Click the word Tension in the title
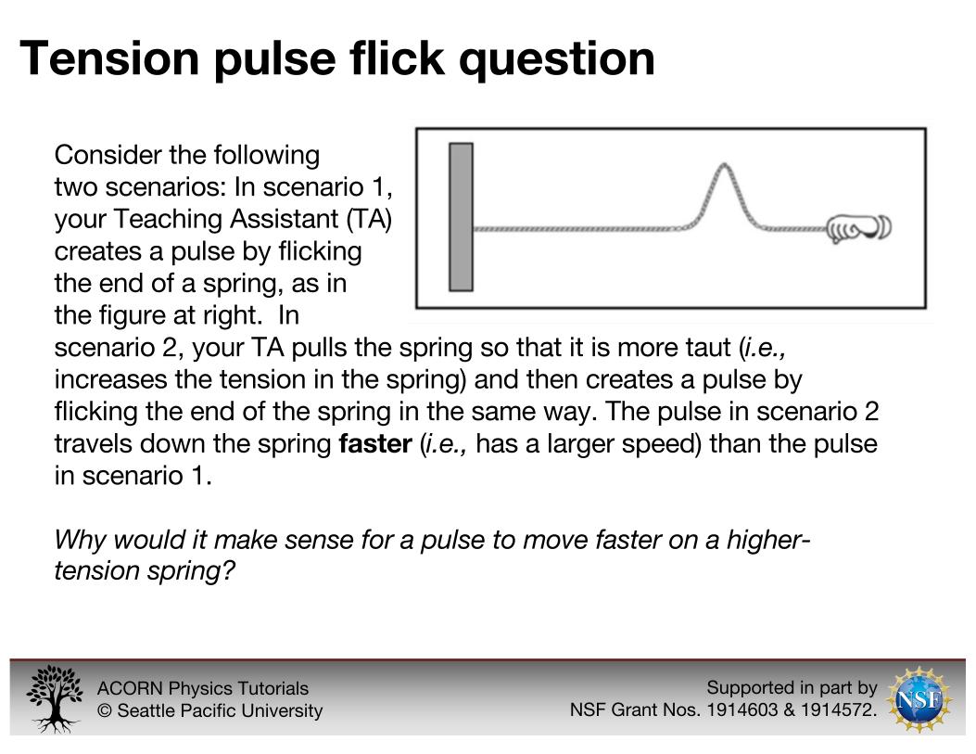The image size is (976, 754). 109,58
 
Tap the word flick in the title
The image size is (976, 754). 397,58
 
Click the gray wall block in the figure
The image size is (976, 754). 461,217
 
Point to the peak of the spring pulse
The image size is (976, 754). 723,165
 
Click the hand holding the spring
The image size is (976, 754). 859,227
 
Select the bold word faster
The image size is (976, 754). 375,444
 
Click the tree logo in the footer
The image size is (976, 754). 54,698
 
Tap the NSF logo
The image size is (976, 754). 919,699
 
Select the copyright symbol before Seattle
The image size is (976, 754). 105,710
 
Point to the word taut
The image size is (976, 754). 705,348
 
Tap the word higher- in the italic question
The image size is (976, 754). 768,539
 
